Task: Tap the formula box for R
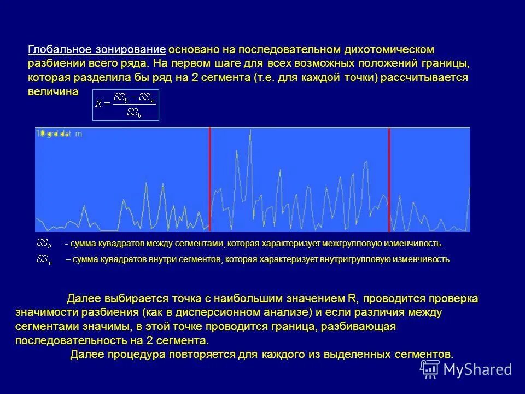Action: [x=126, y=105]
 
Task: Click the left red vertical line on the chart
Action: [x=209, y=179]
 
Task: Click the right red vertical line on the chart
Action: [x=389, y=179]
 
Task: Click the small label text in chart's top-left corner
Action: [x=59, y=132]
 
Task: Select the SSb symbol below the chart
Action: [x=44, y=243]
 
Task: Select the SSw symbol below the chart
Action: [x=44, y=259]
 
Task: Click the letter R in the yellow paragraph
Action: [x=352, y=299]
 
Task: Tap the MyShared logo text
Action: [x=477, y=369]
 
